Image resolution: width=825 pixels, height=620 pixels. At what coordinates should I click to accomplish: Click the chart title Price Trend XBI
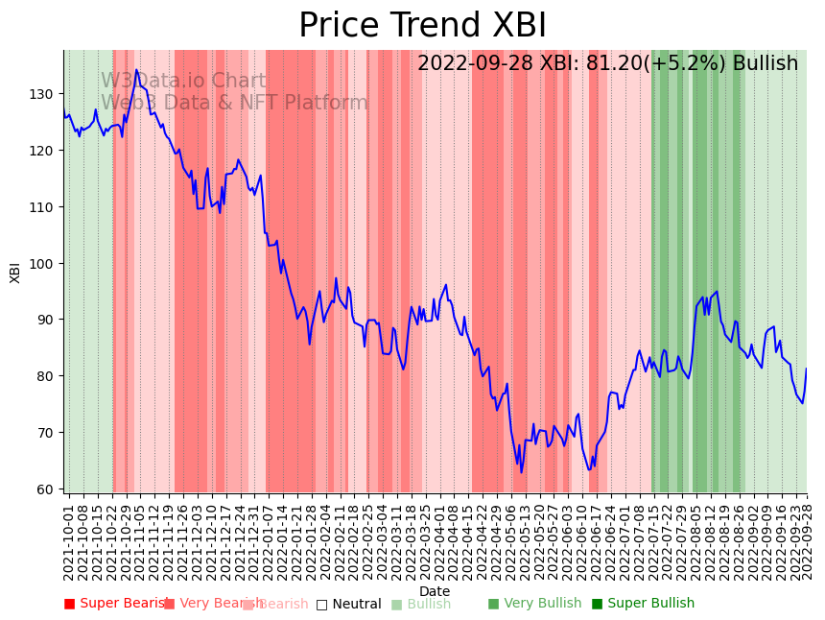point(422,26)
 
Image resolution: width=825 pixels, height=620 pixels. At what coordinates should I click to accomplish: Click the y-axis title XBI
point(15,272)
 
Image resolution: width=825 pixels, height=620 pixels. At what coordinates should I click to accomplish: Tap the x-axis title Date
point(435,591)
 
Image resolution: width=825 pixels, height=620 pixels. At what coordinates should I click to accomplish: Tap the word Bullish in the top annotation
point(765,64)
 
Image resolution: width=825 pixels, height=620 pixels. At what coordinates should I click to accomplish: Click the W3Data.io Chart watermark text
point(183,82)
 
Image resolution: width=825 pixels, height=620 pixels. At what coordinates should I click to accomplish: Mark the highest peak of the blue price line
point(136,70)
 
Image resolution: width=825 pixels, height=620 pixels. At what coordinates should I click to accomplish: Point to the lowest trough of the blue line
point(522,471)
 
